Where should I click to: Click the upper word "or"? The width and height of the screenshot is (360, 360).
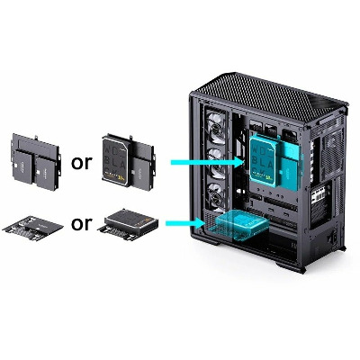tap(81, 162)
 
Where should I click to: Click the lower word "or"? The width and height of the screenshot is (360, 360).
tap(81, 223)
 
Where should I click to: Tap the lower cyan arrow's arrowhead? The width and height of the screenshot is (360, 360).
tap(200, 223)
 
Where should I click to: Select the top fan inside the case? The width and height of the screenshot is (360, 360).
tap(216, 128)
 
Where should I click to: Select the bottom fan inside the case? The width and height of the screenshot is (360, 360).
tap(217, 196)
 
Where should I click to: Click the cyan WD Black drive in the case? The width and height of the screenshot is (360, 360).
tap(263, 161)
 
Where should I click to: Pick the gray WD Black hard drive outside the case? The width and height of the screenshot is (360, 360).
tap(116, 161)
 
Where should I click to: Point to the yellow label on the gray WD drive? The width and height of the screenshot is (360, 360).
tap(121, 178)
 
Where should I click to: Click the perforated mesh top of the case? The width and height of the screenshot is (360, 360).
tap(270, 94)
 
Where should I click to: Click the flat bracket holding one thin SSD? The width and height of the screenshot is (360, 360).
tap(33, 227)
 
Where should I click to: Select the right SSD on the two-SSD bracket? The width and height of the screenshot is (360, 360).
tap(45, 174)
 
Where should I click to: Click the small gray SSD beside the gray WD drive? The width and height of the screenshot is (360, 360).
tap(142, 174)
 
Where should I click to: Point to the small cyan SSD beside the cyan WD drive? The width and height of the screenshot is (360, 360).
tap(290, 174)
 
